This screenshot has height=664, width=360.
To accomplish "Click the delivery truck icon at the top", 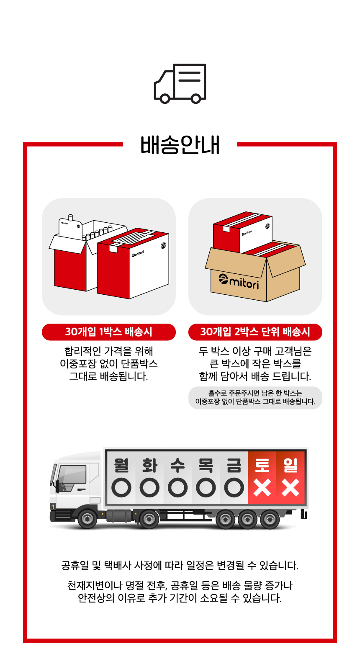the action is click(180, 84).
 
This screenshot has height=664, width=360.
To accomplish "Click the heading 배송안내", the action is click(180, 145).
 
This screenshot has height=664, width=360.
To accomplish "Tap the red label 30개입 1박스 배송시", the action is click(109, 332).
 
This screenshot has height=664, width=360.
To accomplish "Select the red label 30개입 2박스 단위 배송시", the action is click(255, 332).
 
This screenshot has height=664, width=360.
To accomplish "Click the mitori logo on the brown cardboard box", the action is click(239, 282).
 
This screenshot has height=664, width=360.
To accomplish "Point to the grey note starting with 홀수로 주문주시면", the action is click(255, 397).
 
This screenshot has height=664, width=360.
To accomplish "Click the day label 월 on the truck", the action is click(121, 465).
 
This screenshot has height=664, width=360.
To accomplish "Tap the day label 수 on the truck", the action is click(177, 465).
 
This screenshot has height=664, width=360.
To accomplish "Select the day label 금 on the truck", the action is click(234, 465).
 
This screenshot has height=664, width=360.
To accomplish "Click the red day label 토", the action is click(262, 465).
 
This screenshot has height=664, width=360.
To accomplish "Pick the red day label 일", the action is click(291, 465).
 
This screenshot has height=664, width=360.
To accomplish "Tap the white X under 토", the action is click(262, 488).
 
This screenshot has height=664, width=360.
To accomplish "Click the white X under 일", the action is click(291, 488).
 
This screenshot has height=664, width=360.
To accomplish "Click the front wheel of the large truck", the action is click(87, 519).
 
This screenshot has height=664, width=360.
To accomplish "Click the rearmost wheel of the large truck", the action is click(269, 519).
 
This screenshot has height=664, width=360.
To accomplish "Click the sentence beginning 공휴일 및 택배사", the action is click(180, 565).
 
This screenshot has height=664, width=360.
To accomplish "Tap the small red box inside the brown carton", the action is click(242, 232).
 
